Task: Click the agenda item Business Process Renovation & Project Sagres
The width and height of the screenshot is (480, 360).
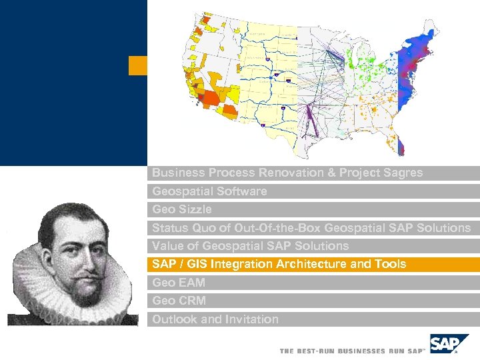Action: tap(287, 173)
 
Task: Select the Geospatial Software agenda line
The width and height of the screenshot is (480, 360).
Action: tap(209, 191)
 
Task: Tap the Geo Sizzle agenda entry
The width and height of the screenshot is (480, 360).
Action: tap(182, 209)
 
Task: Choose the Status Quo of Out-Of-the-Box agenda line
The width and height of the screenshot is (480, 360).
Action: tap(311, 228)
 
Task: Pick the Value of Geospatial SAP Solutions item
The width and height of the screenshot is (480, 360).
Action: tap(250, 246)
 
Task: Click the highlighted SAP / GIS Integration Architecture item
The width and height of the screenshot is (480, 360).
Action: tap(279, 265)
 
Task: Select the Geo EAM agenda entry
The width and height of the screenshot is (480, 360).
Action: tap(179, 283)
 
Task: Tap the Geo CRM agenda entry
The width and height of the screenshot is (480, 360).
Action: tap(179, 301)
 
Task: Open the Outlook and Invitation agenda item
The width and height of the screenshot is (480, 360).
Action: tap(215, 319)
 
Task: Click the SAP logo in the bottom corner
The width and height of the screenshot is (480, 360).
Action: tap(445, 345)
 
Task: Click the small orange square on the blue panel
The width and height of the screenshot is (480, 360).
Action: tap(137, 65)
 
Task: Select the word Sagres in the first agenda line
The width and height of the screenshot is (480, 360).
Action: tap(403, 173)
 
